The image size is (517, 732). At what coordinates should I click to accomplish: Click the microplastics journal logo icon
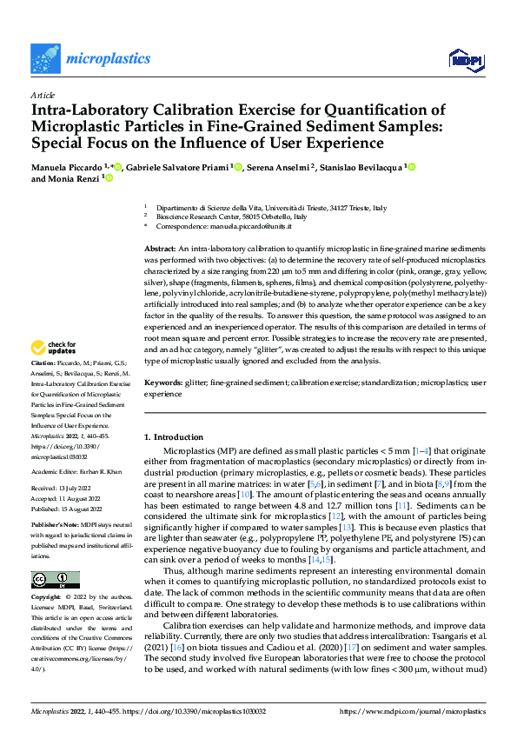(x=46, y=59)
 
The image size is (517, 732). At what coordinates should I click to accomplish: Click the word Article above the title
(x=43, y=95)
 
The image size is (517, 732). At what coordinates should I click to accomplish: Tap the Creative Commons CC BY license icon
(x=56, y=580)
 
